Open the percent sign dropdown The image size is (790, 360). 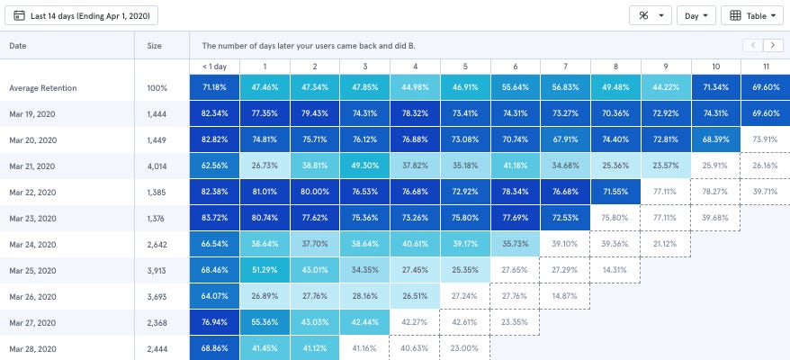(x=651, y=15)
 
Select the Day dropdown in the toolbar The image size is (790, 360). (x=696, y=15)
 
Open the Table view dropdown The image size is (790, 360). (x=752, y=15)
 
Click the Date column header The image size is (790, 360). (x=18, y=45)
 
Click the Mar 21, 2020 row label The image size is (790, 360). (x=32, y=166)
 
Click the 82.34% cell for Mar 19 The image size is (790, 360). (x=214, y=114)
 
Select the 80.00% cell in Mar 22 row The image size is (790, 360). (x=315, y=193)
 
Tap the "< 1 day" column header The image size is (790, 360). (x=214, y=67)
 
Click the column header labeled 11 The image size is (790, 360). (x=765, y=67)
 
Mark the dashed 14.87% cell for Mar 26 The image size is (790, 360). (x=565, y=296)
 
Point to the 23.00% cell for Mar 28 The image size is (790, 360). (x=465, y=348)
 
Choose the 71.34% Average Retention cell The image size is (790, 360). (x=715, y=88)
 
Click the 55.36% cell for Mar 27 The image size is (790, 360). (x=265, y=322)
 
